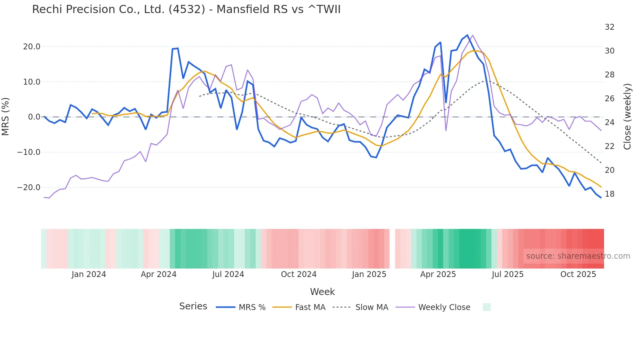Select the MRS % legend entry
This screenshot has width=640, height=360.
click(252, 307)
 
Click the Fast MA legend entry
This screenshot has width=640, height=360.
click(310, 307)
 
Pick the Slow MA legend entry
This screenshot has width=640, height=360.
click(372, 307)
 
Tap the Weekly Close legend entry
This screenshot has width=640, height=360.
click(444, 307)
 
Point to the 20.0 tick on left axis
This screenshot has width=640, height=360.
click(32, 47)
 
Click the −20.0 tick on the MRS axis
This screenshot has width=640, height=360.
click(29, 188)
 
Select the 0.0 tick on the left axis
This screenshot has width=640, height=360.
click(34, 117)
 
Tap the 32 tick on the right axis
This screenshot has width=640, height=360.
click(609, 27)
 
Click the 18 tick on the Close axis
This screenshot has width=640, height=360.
click(609, 194)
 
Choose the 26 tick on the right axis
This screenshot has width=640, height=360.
click(609, 99)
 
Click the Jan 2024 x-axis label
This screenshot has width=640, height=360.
click(89, 274)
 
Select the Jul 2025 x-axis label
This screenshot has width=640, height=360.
click(507, 274)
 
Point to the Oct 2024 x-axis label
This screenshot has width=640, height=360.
click(298, 274)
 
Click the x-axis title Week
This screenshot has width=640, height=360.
click(322, 292)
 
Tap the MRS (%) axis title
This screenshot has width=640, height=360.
click(6, 116)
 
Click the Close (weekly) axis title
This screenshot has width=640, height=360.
click(627, 116)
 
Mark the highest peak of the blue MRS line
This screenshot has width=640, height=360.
click(467, 35)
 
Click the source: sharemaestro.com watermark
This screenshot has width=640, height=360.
click(578, 256)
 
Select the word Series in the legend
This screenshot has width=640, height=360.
click(193, 306)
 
